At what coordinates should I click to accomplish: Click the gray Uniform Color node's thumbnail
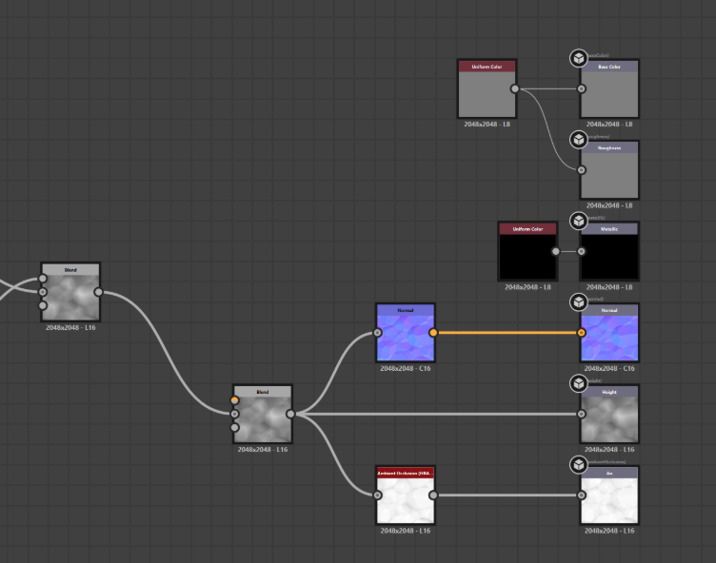[487, 93]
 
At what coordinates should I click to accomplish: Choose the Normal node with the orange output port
[405, 336]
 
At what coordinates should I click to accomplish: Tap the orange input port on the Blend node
[235, 400]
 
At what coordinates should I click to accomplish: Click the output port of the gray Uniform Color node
[515, 89]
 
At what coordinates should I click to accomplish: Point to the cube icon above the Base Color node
[578, 59]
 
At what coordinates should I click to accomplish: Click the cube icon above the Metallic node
[578, 221]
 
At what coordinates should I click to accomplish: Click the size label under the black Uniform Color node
[527, 286]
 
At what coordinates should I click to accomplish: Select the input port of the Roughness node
[582, 170]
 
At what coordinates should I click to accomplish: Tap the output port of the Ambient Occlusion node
[433, 495]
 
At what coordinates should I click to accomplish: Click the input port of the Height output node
[582, 414]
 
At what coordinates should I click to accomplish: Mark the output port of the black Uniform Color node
[556, 252]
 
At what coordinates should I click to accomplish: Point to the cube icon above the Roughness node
[578, 140]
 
